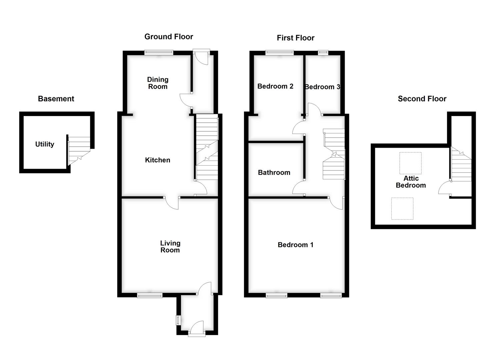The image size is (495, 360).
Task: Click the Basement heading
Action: (x=56, y=99)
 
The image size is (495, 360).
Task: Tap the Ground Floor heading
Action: (x=169, y=37)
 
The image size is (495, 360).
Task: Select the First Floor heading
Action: (x=295, y=38)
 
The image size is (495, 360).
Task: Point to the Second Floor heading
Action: (x=422, y=99)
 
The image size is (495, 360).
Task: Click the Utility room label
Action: (x=45, y=144)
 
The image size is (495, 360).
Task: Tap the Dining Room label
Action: (x=158, y=83)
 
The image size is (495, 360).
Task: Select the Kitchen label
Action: (x=157, y=160)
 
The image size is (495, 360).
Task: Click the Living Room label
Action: (x=170, y=247)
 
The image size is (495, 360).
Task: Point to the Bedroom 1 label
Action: (x=295, y=245)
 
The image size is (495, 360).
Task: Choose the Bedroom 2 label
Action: (x=275, y=86)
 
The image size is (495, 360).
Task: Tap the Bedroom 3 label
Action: (x=322, y=87)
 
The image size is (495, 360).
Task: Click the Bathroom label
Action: (x=274, y=173)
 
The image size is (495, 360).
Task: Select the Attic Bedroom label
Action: (x=411, y=182)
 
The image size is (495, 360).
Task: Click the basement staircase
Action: (x=79, y=151)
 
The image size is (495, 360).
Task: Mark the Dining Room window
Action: (x=159, y=52)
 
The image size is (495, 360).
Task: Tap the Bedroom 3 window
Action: (x=323, y=52)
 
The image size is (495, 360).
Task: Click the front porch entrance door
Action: (x=197, y=328)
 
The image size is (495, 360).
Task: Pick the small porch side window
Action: (x=178, y=320)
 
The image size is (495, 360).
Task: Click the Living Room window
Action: (x=150, y=295)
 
